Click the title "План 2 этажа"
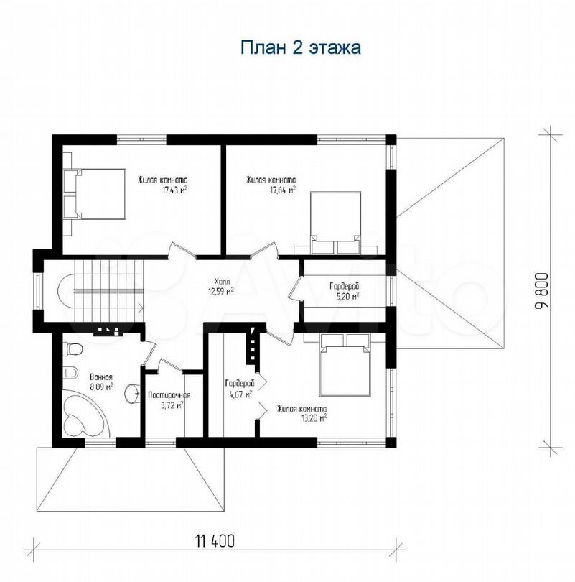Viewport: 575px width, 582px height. click(x=301, y=48)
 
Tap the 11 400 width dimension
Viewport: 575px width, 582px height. click(x=215, y=541)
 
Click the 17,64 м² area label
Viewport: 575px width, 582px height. click(x=283, y=190)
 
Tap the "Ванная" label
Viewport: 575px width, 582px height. click(x=100, y=377)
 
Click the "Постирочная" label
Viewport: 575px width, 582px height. click(x=169, y=396)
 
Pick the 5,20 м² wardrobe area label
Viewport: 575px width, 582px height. click(x=347, y=296)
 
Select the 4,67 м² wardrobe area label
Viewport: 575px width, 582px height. click(x=240, y=394)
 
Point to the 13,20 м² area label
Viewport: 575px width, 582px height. click(x=314, y=418)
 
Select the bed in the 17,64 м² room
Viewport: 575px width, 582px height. click(x=335, y=223)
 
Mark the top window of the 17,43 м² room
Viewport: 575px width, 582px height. click(x=142, y=139)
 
